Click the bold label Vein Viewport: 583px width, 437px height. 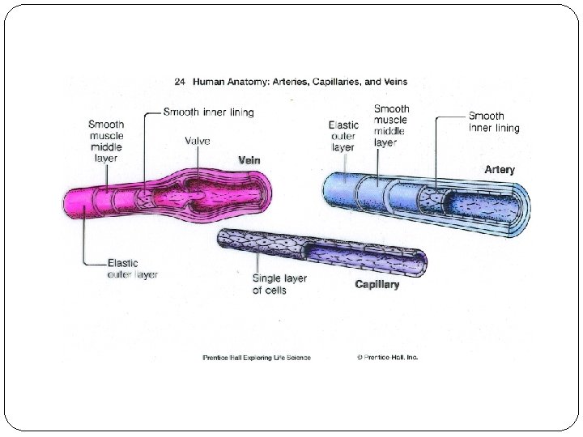249,160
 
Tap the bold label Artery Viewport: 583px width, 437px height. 500,170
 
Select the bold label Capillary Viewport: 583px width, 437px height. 377,285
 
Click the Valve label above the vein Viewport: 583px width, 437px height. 197,141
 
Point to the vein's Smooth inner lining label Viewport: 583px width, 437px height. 209,112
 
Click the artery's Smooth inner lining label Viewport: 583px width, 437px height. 494,122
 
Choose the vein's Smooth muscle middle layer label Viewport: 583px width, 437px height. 106,141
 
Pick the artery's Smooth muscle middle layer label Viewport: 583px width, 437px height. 391,125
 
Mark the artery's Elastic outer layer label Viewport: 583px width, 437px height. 343,136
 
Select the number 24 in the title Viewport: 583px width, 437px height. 180,82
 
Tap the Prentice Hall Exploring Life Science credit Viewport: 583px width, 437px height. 257,358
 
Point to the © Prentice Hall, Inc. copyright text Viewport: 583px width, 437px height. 387,358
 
